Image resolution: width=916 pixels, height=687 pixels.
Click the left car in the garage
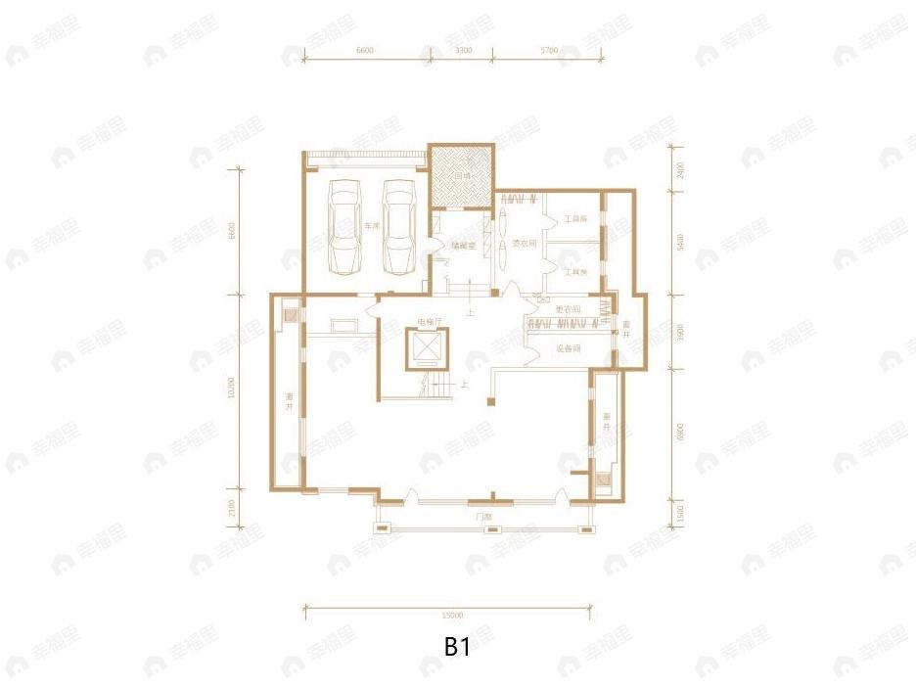[344, 226]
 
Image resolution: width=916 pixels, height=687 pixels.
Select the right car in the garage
[399, 226]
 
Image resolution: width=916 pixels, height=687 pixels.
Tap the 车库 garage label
[371, 226]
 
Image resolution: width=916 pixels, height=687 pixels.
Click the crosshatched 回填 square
[461, 175]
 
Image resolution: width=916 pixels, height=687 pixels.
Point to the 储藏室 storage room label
[463, 245]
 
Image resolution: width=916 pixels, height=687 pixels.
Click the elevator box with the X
[427, 349]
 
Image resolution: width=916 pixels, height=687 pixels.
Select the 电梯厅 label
[430, 321]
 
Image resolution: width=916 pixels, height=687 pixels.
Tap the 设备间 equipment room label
[569, 348]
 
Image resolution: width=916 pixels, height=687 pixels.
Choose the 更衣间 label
[568, 309]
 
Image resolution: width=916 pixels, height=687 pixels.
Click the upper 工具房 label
[575, 219]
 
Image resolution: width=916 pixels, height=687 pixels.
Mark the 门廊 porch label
[481, 516]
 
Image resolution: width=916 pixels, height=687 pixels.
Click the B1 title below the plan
[458, 648]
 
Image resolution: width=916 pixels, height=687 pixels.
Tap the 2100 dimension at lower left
[231, 507]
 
